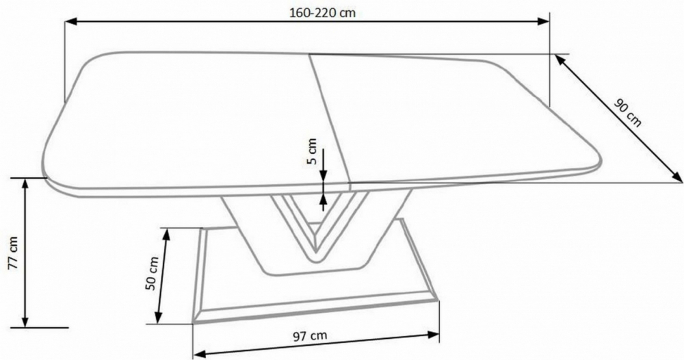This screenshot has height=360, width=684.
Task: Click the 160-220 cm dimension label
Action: pyautogui.click(x=322, y=12)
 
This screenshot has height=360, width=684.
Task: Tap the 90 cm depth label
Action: pyautogui.click(x=628, y=113)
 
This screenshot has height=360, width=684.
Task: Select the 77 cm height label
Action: pyautogui.click(x=13, y=253)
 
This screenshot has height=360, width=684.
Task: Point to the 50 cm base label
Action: pyautogui.click(x=153, y=273)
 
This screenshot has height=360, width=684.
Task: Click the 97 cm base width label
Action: pyautogui.click(x=309, y=336)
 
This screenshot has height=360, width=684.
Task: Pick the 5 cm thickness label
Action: pyautogui.click(x=312, y=151)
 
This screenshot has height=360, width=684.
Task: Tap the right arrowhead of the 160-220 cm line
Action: pyautogui.click(x=542, y=21)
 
